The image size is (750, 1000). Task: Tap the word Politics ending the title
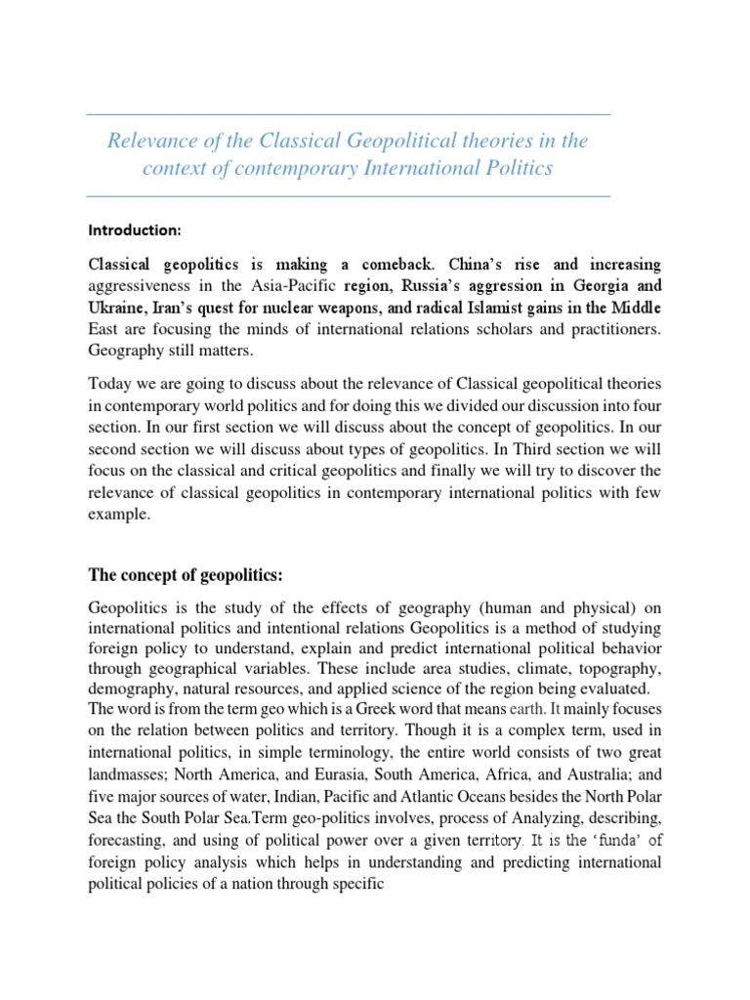(517, 168)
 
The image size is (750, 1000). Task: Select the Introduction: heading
(136, 230)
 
